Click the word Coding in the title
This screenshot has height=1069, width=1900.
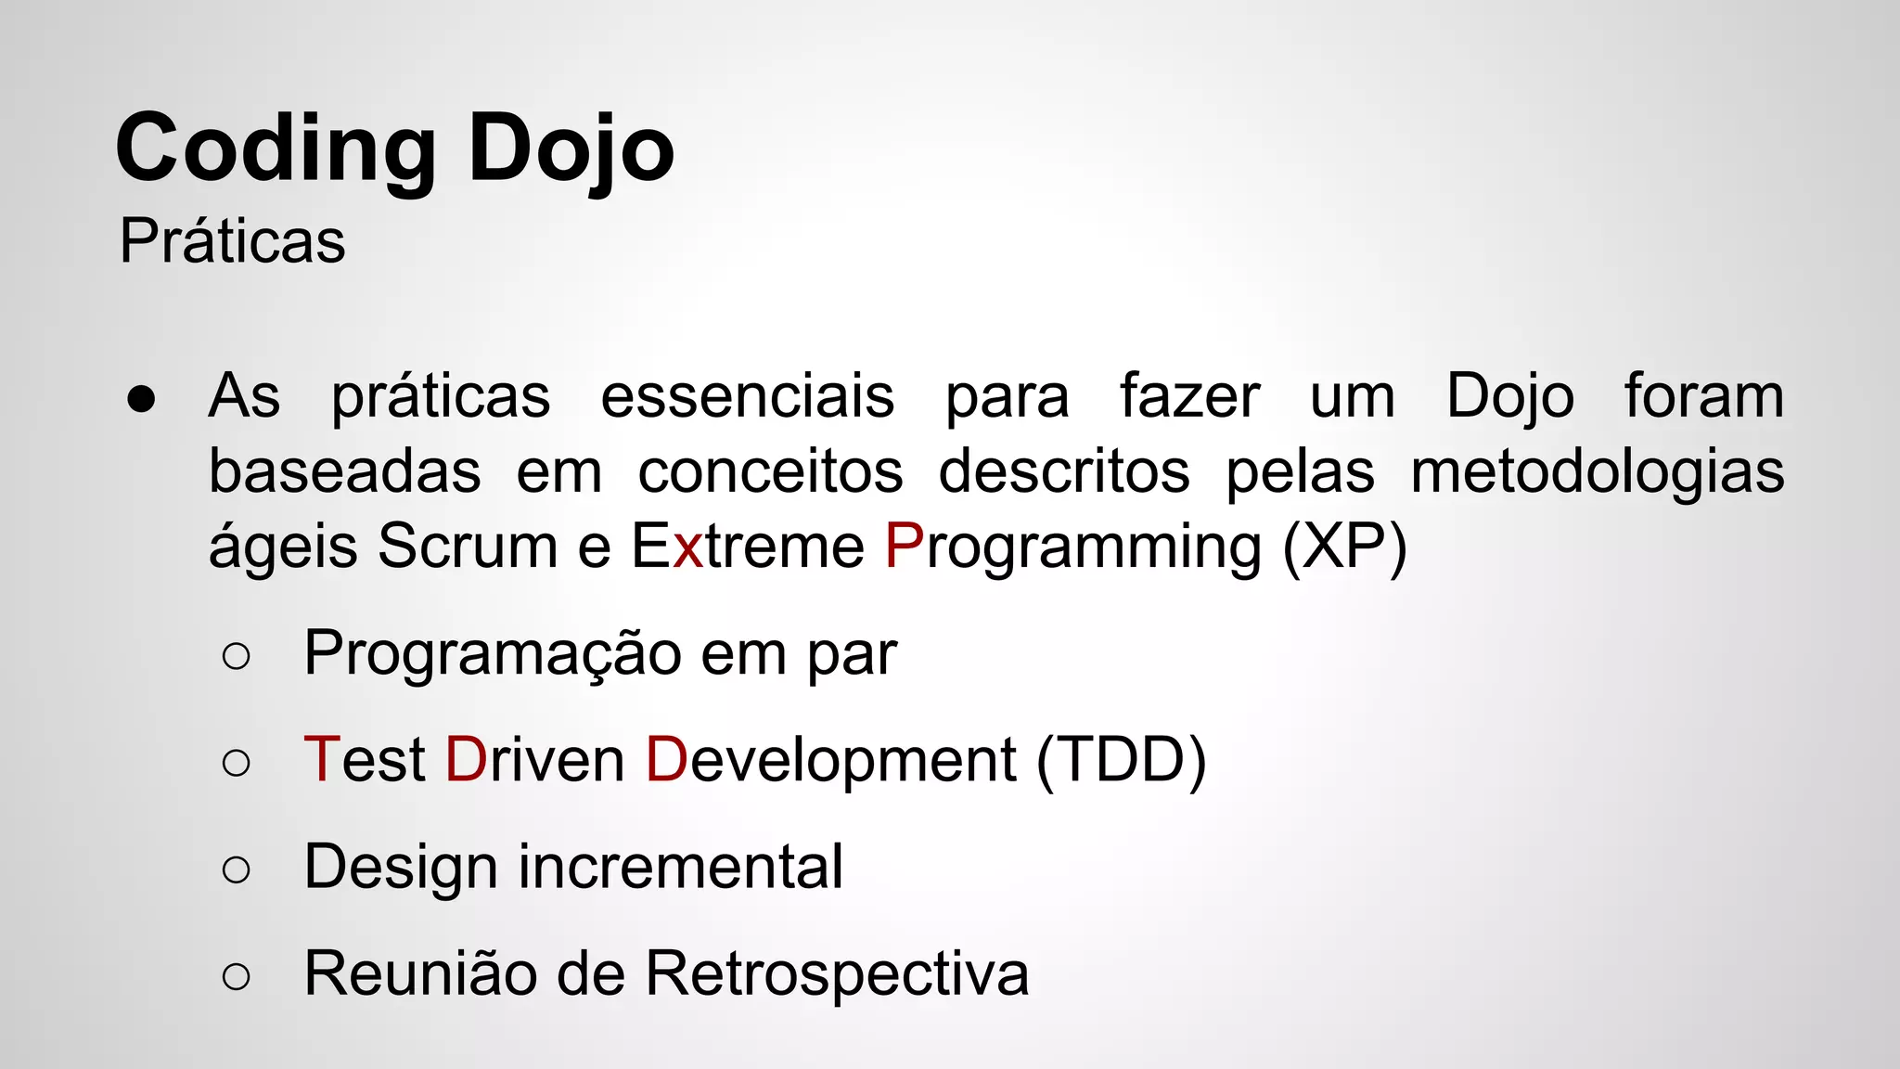pyautogui.click(x=276, y=148)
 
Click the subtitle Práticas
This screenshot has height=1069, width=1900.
pyautogui.click(x=232, y=241)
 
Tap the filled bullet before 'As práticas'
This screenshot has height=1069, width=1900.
pyautogui.click(x=142, y=399)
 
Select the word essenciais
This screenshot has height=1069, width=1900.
pyautogui.click(x=747, y=397)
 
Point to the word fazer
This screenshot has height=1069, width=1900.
pyautogui.click(x=1189, y=397)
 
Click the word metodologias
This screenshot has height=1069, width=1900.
pyautogui.click(x=1597, y=471)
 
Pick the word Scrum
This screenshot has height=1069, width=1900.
pyautogui.click(x=467, y=546)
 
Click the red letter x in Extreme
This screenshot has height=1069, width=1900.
pyautogui.click(x=688, y=547)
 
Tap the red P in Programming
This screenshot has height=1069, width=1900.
pyautogui.click(x=904, y=546)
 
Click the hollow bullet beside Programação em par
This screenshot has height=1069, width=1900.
pyautogui.click(x=237, y=656)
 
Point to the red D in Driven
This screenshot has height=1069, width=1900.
pyautogui.click(x=466, y=759)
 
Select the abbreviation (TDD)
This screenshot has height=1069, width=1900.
pyautogui.click(x=1121, y=761)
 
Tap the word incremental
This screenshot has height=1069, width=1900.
pyautogui.click(x=680, y=867)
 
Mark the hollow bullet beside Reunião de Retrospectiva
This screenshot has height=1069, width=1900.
pyautogui.click(x=237, y=976)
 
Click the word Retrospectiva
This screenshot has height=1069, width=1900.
pyautogui.click(x=837, y=974)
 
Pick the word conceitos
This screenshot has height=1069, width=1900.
pyautogui.click(x=770, y=471)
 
